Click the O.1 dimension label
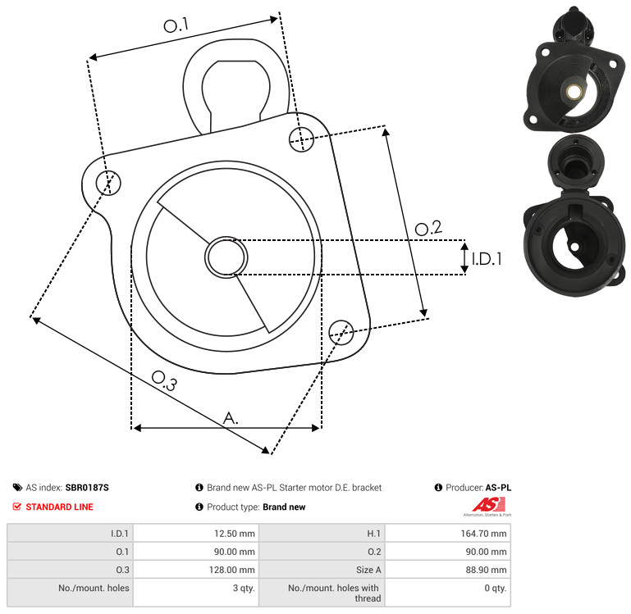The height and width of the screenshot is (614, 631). pyautogui.click(x=176, y=25)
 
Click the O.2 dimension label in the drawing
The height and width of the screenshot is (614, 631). pyautogui.click(x=428, y=229)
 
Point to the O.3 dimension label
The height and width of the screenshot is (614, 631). pyautogui.click(x=164, y=381)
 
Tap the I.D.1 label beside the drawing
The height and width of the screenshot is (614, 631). pyautogui.click(x=487, y=259)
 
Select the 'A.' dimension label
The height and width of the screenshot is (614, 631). pyautogui.click(x=231, y=418)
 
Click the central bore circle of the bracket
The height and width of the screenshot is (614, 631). pyautogui.click(x=226, y=257)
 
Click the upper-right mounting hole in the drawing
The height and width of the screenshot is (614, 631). pyautogui.click(x=301, y=139)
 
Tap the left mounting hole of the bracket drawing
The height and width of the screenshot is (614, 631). pyautogui.click(x=108, y=183)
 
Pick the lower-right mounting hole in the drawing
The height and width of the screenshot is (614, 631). pyautogui.click(x=341, y=333)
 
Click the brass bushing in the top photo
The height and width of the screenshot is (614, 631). pyautogui.click(x=572, y=93)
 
